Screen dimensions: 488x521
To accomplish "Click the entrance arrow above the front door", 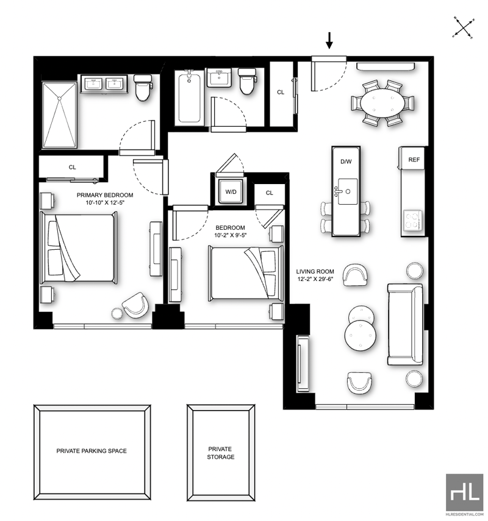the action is (329, 41).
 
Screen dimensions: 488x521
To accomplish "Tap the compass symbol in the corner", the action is (464, 27).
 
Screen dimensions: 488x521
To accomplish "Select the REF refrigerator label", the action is (414, 160).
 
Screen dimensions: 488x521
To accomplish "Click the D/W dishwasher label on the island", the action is (346, 162).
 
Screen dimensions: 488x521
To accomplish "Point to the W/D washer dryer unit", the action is (231, 192).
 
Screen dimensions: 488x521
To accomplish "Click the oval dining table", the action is (382, 102).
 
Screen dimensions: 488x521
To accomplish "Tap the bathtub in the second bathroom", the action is (189, 97).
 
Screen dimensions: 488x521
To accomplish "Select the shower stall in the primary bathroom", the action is (60, 115).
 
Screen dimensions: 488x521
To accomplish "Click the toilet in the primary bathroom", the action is (143, 87).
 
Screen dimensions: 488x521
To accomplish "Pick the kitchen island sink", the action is (347, 191).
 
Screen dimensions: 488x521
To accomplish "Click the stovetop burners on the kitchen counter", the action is (413, 221).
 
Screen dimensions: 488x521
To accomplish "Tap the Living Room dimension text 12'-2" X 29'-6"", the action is (315, 279).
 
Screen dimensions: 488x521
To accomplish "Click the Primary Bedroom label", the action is (105, 195).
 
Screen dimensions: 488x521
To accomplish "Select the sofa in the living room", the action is (405, 324).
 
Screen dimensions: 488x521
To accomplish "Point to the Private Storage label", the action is (220, 453).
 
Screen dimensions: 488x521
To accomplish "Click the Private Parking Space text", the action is (91, 451).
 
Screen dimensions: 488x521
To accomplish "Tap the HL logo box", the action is (464, 492).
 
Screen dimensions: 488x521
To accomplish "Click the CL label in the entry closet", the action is (281, 93).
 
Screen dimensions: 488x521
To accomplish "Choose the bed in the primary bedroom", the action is (79, 249).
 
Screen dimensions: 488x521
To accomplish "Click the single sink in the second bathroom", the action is (219, 78).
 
